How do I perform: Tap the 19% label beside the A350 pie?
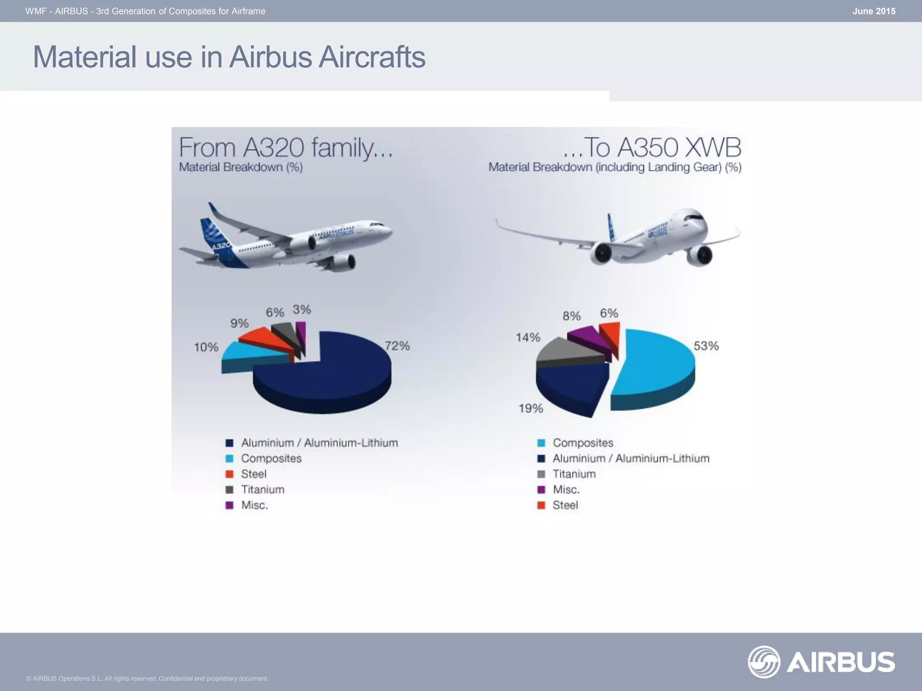[x=531, y=408]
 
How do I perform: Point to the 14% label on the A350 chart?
[x=528, y=337]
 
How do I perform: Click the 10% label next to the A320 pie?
[x=206, y=347]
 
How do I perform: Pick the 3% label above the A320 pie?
[x=302, y=310]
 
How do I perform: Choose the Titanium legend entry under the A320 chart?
[x=262, y=489]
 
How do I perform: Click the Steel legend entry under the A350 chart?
[x=565, y=505]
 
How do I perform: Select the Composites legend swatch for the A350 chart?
[x=542, y=443]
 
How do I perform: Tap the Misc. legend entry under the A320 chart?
[x=254, y=505]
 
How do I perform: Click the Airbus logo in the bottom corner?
[x=821, y=662]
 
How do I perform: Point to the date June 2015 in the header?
[x=873, y=11]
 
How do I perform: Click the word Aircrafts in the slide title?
[x=371, y=57]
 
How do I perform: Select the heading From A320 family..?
[x=286, y=148]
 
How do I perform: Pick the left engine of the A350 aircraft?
[x=601, y=254]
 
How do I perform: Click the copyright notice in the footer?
[x=147, y=678]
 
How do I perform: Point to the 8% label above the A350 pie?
[x=571, y=316]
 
